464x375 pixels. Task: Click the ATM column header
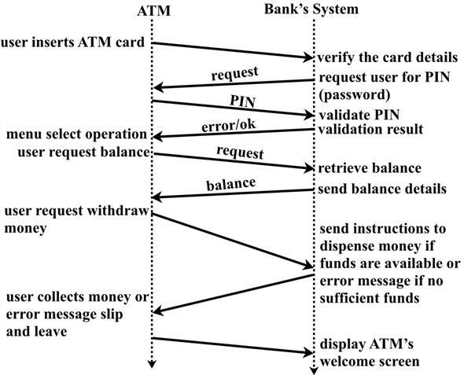coord(153,9)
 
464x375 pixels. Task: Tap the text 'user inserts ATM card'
coord(73,41)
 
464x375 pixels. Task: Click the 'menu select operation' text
coord(74,134)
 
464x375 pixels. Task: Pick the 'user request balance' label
coord(82,152)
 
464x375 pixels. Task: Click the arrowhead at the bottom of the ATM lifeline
coord(153,366)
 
